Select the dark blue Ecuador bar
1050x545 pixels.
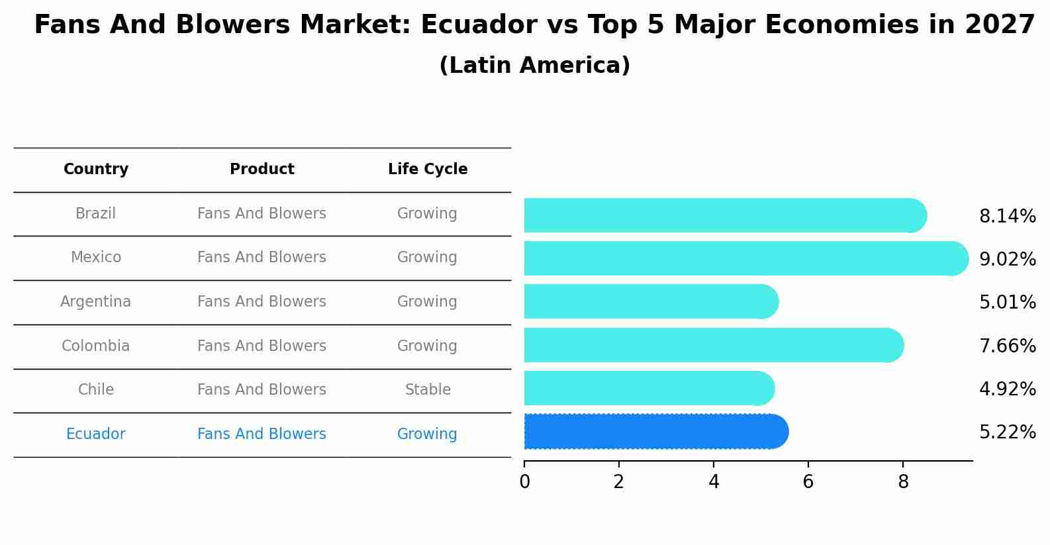click(x=655, y=432)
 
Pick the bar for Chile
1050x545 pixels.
click(x=649, y=389)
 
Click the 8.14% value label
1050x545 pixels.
click(x=1007, y=217)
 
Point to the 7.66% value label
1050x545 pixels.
click(x=1007, y=346)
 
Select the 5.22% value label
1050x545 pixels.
click(x=1007, y=432)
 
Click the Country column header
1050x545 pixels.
click(x=96, y=170)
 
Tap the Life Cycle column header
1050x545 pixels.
click(x=428, y=170)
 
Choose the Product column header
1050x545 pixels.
click(x=262, y=170)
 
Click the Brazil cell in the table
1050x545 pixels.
click(x=95, y=214)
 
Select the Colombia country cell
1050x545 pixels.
click(x=95, y=346)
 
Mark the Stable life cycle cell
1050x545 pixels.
click(x=428, y=390)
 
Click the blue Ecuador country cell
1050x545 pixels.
click(x=95, y=434)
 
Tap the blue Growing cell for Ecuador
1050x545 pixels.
click(x=427, y=434)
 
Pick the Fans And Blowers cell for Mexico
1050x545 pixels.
click(x=262, y=258)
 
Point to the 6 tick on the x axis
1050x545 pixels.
click(x=808, y=482)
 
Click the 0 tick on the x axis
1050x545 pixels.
click(x=524, y=482)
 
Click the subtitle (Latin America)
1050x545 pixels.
click(x=534, y=66)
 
